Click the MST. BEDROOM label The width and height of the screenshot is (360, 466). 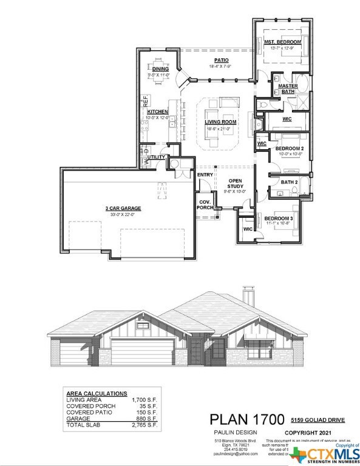coord(282,42)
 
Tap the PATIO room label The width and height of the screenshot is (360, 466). coord(221,60)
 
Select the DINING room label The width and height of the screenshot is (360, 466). coord(160,69)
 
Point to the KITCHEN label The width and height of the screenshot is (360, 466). coord(157,112)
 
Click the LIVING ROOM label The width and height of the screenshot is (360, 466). coord(221,122)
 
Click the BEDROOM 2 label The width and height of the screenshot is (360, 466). coord(290,149)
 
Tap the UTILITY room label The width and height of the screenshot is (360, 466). coord(156,158)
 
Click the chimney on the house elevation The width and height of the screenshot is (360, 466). coord(248,295)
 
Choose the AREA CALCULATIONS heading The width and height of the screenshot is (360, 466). coord(95,393)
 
